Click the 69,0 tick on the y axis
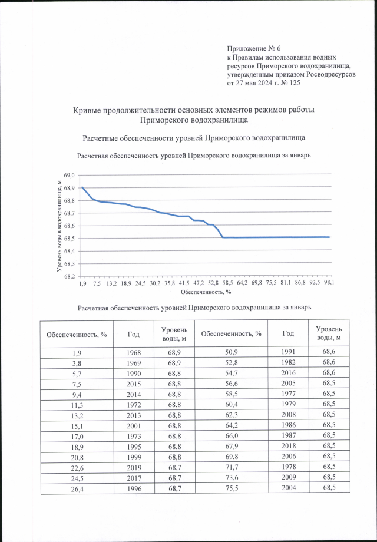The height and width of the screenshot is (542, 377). pyautogui.click(x=68, y=176)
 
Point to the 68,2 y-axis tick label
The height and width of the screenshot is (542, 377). pyautogui.click(x=68, y=276)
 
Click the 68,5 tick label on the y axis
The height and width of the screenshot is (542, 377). pyautogui.click(x=68, y=239)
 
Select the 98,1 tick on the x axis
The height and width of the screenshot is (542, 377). pyautogui.click(x=330, y=283)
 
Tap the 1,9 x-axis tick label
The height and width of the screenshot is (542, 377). pyautogui.click(x=82, y=283)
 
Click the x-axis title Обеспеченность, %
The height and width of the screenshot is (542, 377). pyautogui.click(x=205, y=291)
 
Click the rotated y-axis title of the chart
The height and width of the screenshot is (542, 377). pyautogui.click(x=59, y=225)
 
